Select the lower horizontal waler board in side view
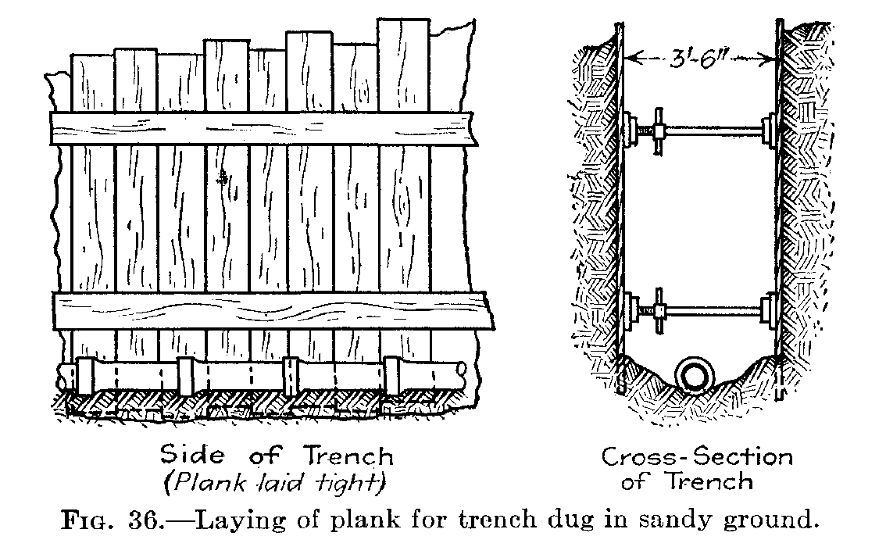(273, 311)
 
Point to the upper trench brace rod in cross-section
(711, 129)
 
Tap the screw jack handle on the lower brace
(661, 312)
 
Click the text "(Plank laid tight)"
(275, 483)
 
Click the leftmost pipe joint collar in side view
(86, 374)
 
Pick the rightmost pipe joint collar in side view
(393, 374)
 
